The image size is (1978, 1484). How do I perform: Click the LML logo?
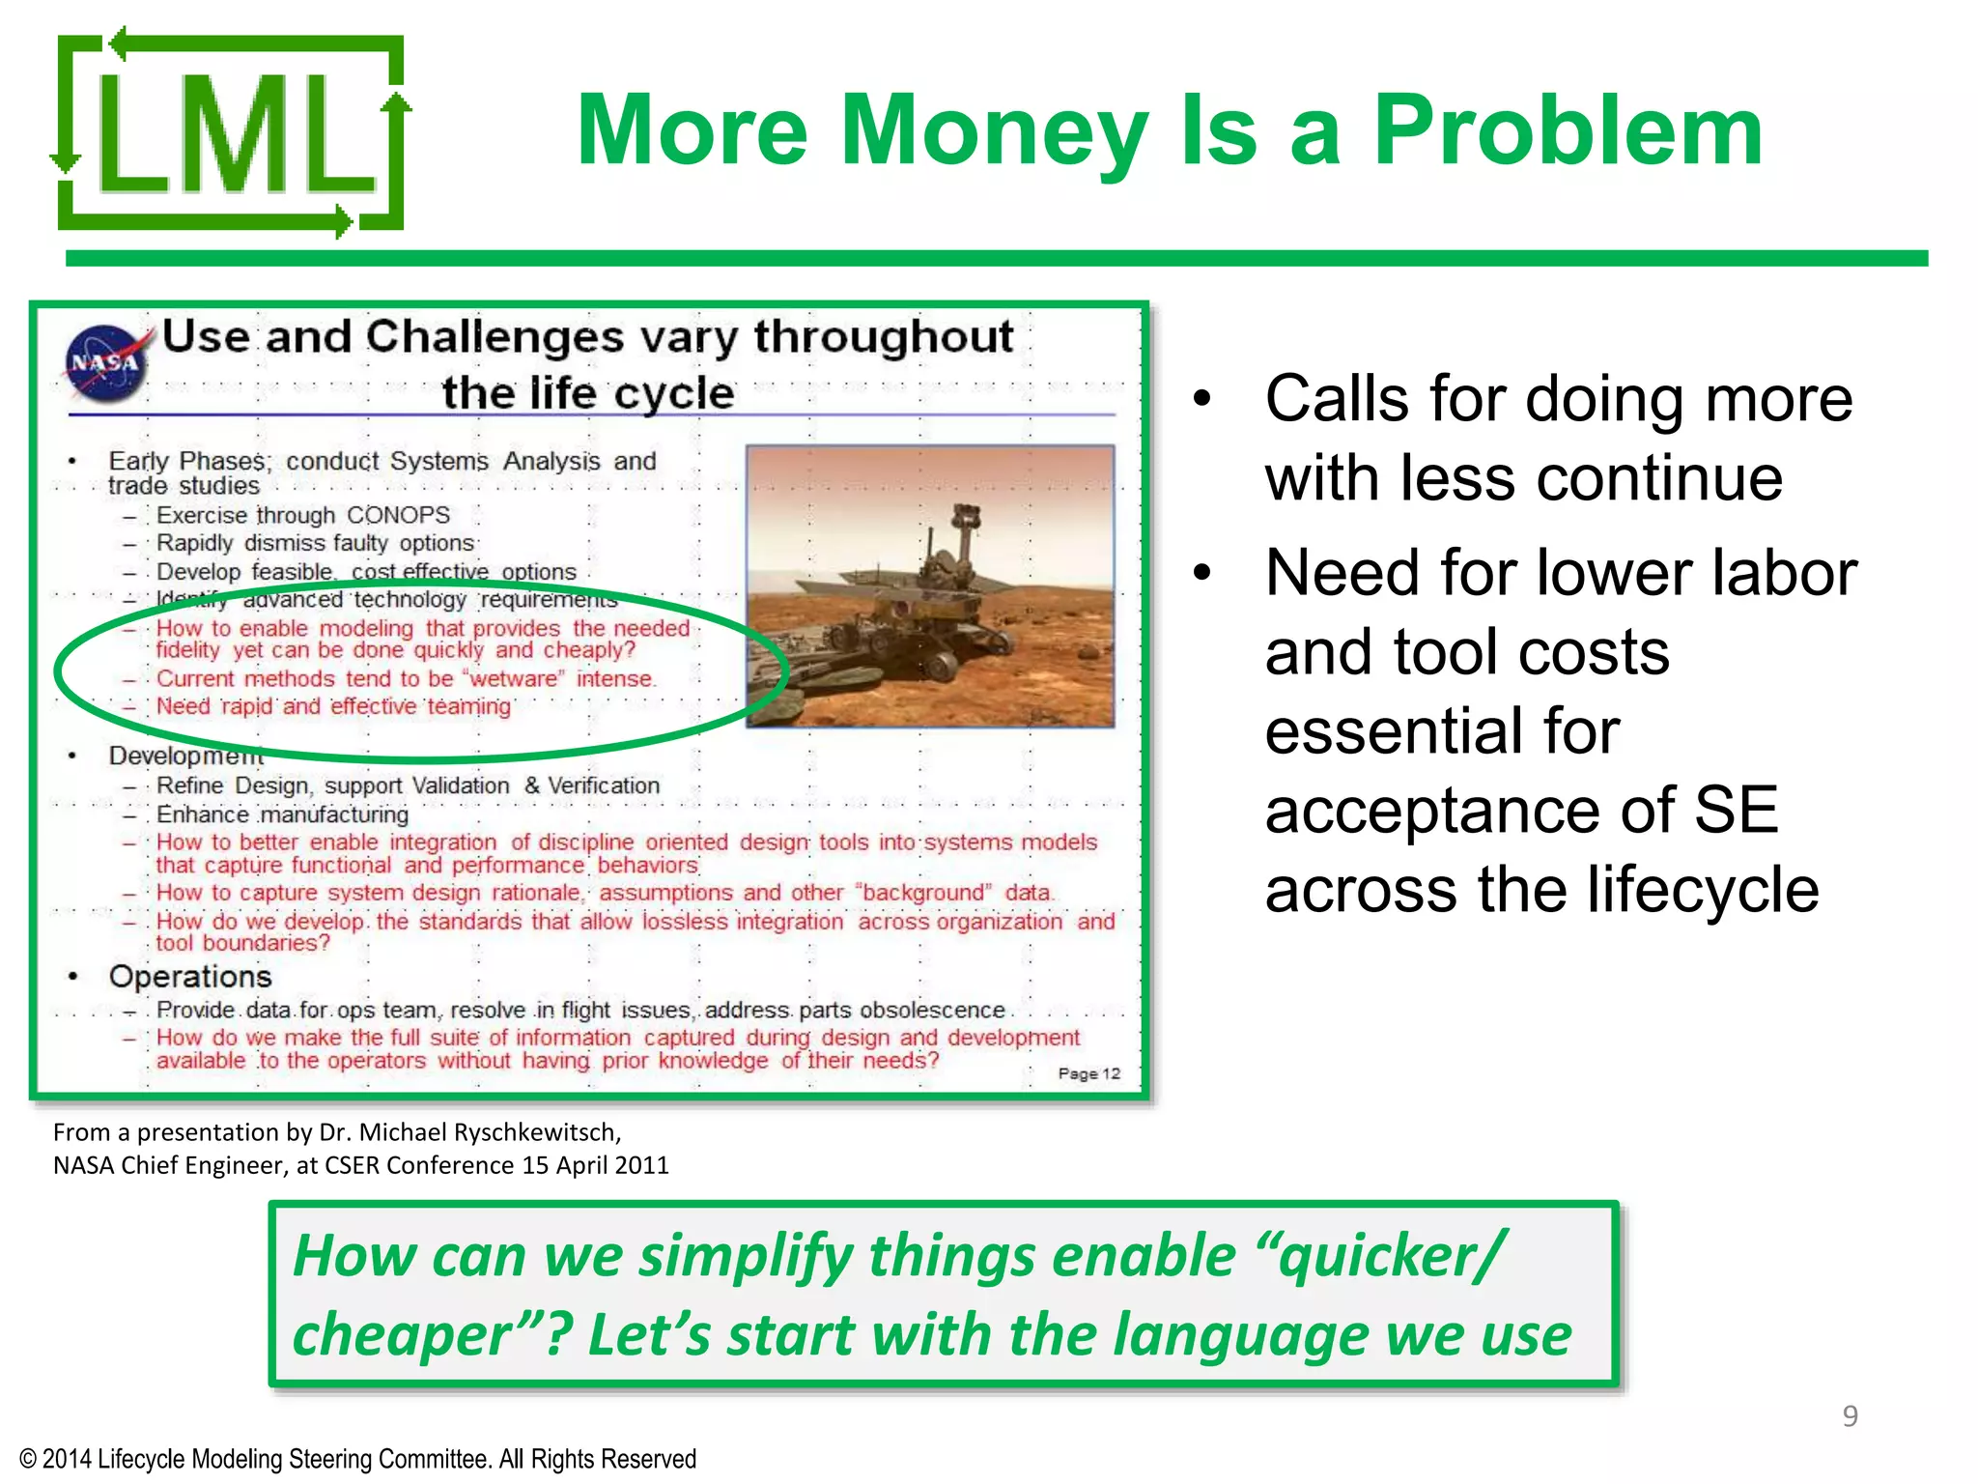230,133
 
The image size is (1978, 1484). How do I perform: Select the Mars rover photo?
930,586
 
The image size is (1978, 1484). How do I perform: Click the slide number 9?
1850,1416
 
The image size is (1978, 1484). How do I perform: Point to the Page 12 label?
1088,1073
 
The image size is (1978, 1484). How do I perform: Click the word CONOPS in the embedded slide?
398,515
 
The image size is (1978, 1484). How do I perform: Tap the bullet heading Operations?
190,977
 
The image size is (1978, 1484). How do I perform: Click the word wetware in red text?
514,679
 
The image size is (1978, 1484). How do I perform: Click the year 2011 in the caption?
641,1165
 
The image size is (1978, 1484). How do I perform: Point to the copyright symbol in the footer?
28,1459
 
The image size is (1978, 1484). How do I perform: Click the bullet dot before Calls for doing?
1201,399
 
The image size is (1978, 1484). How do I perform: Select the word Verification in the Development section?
604,785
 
